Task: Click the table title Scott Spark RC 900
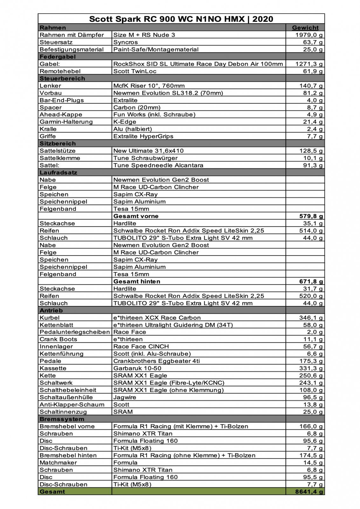181,19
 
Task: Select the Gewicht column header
305,28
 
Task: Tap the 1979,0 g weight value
308,35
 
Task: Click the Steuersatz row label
56,42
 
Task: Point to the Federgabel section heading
58,57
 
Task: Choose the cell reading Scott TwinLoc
135,71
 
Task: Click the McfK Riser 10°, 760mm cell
149,86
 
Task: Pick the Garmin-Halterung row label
66,122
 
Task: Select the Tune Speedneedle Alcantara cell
158,165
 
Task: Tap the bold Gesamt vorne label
136,216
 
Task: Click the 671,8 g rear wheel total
311,282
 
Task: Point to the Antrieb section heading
51,310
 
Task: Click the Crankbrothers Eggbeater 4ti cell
156,361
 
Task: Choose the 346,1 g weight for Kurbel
311,318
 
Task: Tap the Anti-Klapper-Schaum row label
72,405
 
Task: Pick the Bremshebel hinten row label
68,456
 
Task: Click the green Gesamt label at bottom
52,492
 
